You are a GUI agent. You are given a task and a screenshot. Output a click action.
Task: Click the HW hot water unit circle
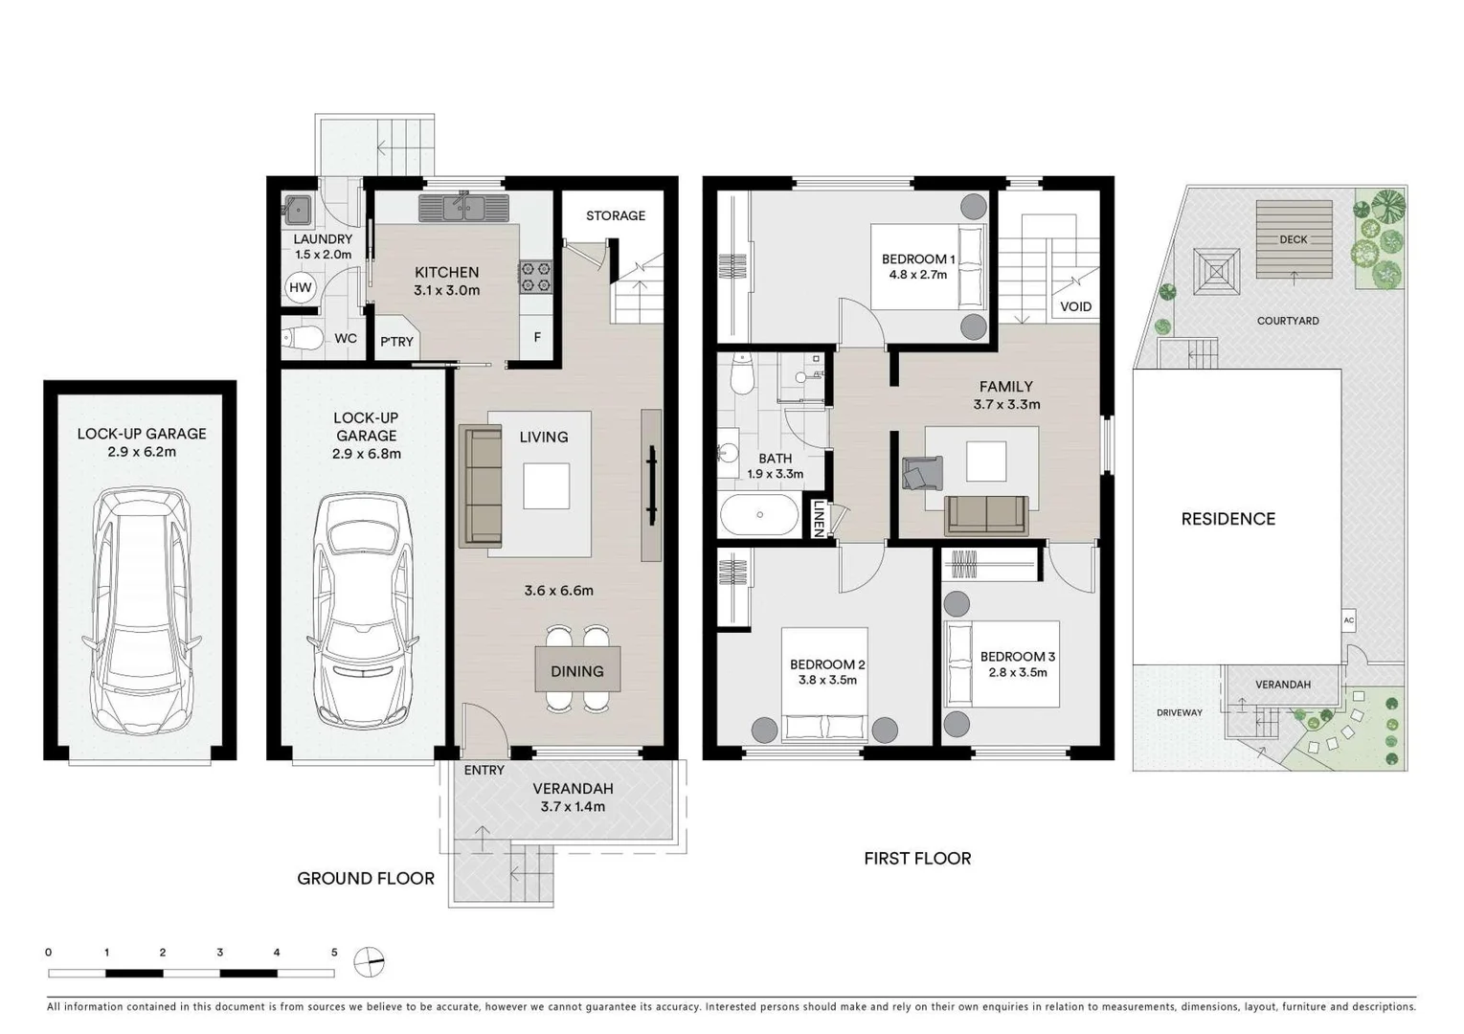tap(300, 287)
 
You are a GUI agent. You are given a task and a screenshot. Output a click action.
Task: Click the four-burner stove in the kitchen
tap(536, 277)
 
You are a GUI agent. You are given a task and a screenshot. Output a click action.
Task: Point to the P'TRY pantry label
tap(396, 342)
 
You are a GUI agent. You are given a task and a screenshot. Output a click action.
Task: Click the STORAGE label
tap(615, 215)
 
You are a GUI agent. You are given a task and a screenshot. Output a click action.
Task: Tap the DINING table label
tap(576, 671)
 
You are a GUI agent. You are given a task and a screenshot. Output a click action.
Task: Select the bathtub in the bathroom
tap(758, 515)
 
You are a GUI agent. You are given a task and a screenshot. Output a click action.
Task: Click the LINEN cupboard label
tap(819, 519)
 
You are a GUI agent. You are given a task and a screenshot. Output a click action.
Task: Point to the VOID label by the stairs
tap(1075, 307)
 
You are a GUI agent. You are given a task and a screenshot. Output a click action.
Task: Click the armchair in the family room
tap(921, 473)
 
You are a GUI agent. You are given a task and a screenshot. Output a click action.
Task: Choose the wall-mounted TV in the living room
tap(652, 485)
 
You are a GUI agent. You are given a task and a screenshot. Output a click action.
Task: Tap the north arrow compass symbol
tap(369, 961)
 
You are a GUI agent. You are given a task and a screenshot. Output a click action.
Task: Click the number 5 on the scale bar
tap(334, 953)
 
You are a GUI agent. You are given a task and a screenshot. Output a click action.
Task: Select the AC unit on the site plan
tap(1348, 620)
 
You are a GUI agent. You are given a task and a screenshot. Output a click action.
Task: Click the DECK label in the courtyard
tap(1293, 239)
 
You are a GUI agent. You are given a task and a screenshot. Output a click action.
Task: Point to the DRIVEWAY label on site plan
tap(1179, 712)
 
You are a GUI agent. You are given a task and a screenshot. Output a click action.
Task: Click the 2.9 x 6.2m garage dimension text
tap(142, 452)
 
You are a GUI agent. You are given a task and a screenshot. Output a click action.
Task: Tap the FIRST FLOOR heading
tap(916, 859)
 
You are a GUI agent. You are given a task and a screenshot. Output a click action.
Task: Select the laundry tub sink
tap(298, 208)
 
